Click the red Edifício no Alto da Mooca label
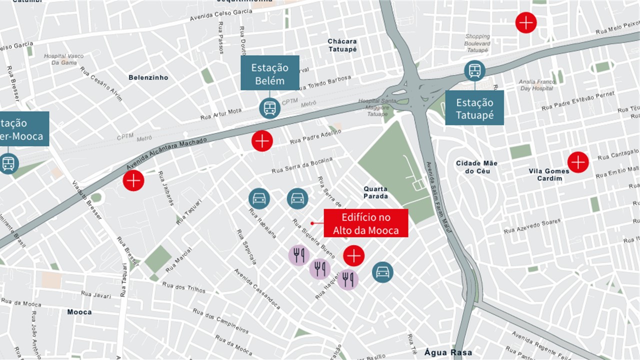click(x=366, y=223)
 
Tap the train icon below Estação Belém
click(x=270, y=108)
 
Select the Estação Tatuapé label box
click(x=474, y=108)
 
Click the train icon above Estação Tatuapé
click(x=474, y=70)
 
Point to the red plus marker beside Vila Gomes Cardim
click(x=578, y=162)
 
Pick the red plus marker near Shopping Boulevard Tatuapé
click(x=526, y=23)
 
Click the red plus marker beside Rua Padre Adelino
click(x=262, y=141)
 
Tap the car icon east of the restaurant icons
click(x=382, y=272)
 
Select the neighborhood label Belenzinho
click(x=148, y=77)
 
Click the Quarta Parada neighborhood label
click(x=375, y=192)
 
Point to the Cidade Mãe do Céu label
click(x=476, y=167)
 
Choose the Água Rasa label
click(x=448, y=352)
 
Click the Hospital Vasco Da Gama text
click(x=64, y=59)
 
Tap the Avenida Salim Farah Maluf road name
click(x=436, y=197)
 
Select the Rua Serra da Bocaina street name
click(x=302, y=165)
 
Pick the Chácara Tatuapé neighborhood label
click(x=342, y=45)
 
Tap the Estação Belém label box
click(x=270, y=73)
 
